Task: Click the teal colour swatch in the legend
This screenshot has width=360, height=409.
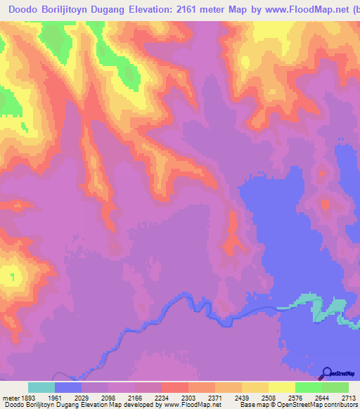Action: [x=41, y=387]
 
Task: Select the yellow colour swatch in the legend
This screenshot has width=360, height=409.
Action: [x=281, y=387]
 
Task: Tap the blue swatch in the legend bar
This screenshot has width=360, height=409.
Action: [x=68, y=387]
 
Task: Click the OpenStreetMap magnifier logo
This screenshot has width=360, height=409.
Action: [x=327, y=372]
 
